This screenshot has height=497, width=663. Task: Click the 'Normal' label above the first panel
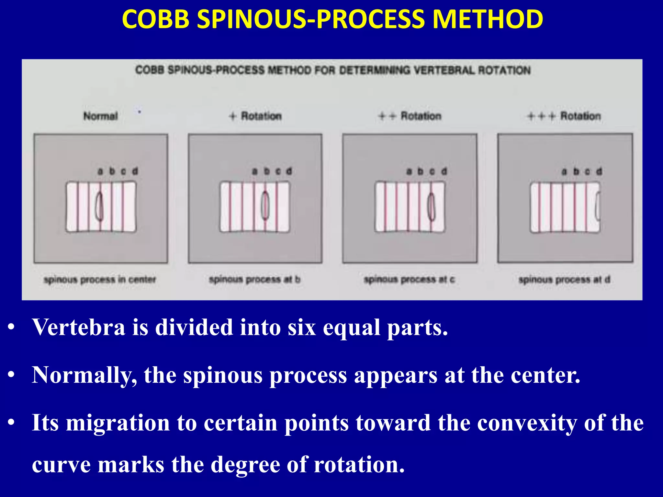tap(100, 116)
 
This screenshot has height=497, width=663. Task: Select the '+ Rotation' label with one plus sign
tap(255, 116)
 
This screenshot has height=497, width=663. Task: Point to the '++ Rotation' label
tap(410, 116)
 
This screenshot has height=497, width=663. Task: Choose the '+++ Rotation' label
tap(564, 116)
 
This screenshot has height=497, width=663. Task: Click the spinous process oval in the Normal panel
tap(99, 207)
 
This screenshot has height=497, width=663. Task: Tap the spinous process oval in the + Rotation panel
tap(265, 206)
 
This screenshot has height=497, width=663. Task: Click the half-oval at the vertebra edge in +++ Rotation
tap(598, 207)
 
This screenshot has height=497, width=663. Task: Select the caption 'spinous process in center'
tap(100, 279)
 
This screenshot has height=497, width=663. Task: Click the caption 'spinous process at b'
tap(255, 279)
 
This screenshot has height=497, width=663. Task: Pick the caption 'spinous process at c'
tap(410, 279)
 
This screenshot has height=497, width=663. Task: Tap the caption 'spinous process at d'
tap(564, 279)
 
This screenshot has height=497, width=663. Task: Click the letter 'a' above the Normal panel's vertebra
tap(100, 171)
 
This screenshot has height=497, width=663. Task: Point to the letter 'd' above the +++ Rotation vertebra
tap(599, 171)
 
